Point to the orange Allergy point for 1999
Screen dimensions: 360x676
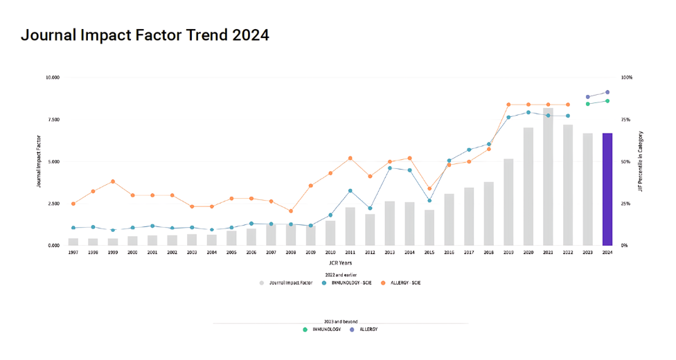(113, 181)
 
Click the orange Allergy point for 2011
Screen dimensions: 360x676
(350, 158)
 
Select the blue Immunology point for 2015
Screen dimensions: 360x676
(429, 201)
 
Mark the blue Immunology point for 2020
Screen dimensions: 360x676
(528, 112)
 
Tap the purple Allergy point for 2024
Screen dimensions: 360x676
(607, 92)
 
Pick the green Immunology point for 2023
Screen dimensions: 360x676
(587, 104)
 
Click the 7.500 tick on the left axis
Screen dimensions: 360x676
(53, 120)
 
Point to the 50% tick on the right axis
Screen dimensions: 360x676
(626, 162)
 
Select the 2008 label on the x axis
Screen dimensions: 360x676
(291, 253)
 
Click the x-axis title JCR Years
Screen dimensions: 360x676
(339, 263)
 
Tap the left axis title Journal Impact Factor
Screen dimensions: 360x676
(39, 161)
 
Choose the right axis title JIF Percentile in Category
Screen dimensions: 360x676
(641, 161)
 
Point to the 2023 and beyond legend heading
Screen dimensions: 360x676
(339, 322)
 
